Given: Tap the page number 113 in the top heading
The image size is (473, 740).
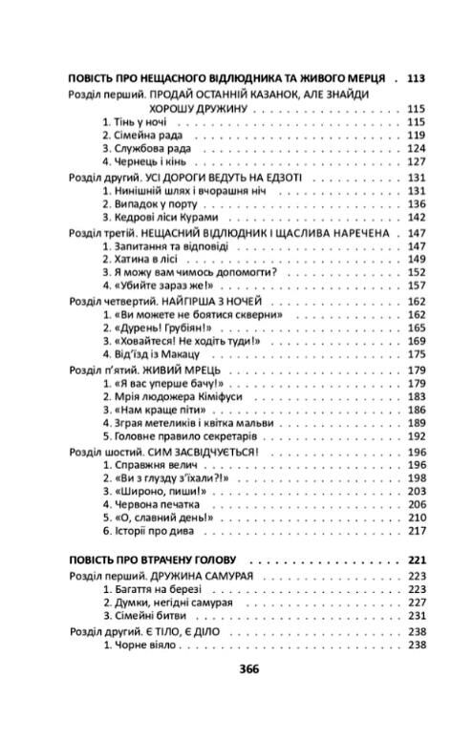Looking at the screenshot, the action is click(414, 77).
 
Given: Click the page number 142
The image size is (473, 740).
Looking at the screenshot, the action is click(414, 217).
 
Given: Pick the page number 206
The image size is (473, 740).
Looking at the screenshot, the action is click(414, 503).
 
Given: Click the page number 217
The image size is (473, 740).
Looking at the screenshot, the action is click(414, 530).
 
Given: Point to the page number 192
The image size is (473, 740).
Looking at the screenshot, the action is click(414, 435).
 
